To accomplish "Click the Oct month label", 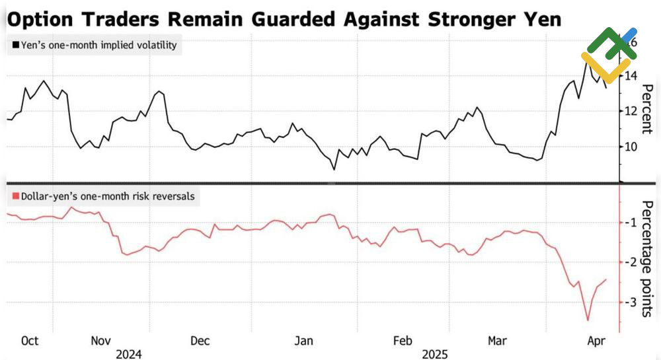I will (x=30, y=341).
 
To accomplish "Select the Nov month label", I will (x=100, y=341).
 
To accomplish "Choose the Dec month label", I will (x=200, y=341).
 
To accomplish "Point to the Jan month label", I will (x=303, y=341).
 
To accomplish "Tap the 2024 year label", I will (x=128, y=354).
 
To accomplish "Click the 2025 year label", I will (x=435, y=354).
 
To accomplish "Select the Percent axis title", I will (x=647, y=110).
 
